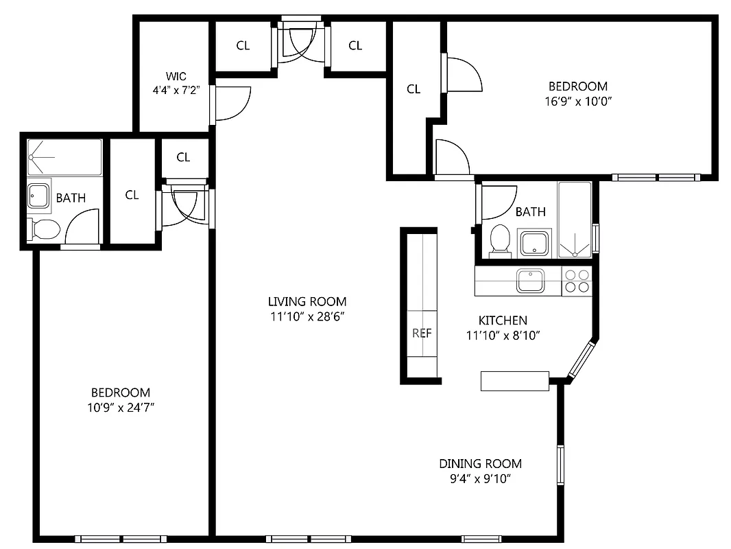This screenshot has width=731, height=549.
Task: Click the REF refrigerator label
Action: pyautogui.click(x=422, y=334)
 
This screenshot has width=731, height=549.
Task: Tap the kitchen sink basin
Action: pyautogui.click(x=530, y=281)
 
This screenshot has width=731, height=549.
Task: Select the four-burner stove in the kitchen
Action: pyautogui.click(x=576, y=281)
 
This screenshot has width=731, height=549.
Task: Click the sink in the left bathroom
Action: pyautogui.click(x=38, y=196)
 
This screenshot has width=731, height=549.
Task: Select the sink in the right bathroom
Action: pyautogui.click(x=534, y=243)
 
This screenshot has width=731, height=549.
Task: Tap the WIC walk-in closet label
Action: pyautogui.click(x=176, y=76)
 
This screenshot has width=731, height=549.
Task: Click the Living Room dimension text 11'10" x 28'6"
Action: pyautogui.click(x=307, y=316)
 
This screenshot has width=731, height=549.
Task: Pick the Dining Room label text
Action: pyautogui.click(x=480, y=463)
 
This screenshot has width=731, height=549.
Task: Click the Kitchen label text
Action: pyautogui.click(x=502, y=320)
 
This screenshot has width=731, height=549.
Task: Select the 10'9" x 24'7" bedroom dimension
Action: pyautogui.click(x=120, y=408)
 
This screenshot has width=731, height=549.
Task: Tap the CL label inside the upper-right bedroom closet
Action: pyautogui.click(x=414, y=89)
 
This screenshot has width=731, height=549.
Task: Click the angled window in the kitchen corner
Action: pyautogui.click(x=582, y=359)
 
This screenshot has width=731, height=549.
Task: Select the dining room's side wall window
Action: pyautogui.click(x=560, y=467)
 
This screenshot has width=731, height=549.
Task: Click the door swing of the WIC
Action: pyautogui.click(x=233, y=103)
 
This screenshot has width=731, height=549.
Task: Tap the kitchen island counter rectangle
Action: pyautogui.click(x=514, y=381)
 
